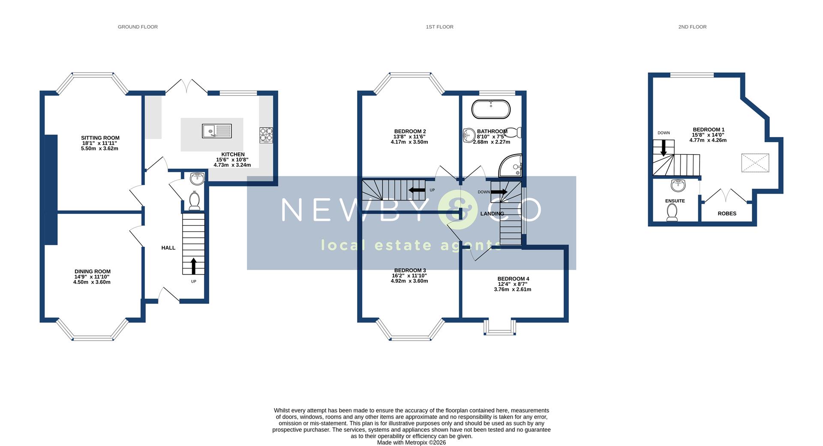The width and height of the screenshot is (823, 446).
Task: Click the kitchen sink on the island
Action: click(x=216, y=131)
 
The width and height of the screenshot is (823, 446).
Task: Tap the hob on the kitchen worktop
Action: click(x=266, y=135)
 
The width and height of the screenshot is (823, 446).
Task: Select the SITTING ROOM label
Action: click(x=100, y=138)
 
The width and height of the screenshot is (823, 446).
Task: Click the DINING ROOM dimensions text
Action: click(x=92, y=279)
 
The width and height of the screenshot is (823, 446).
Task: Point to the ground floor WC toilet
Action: click(x=195, y=201)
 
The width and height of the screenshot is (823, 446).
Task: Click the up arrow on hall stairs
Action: click(x=193, y=266)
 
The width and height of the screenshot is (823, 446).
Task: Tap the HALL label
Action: click(x=168, y=248)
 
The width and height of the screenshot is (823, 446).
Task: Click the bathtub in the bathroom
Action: click(x=491, y=109)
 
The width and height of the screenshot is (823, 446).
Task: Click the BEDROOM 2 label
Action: click(x=410, y=131)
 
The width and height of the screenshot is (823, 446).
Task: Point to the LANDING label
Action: click(x=492, y=213)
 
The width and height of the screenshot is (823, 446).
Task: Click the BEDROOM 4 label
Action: click(x=513, y=278)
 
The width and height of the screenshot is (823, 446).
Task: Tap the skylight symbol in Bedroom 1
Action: click(x=755, y=163)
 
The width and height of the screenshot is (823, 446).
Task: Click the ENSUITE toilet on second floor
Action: click(x=672, y=212)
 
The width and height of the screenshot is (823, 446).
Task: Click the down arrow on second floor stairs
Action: click(x=664, y=148)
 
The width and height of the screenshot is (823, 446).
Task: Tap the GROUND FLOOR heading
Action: click(x=138, y=27)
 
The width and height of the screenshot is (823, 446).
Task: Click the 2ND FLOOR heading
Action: click(x=692, y=27)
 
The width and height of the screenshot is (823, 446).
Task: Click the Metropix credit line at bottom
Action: click(x=411, y=443)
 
